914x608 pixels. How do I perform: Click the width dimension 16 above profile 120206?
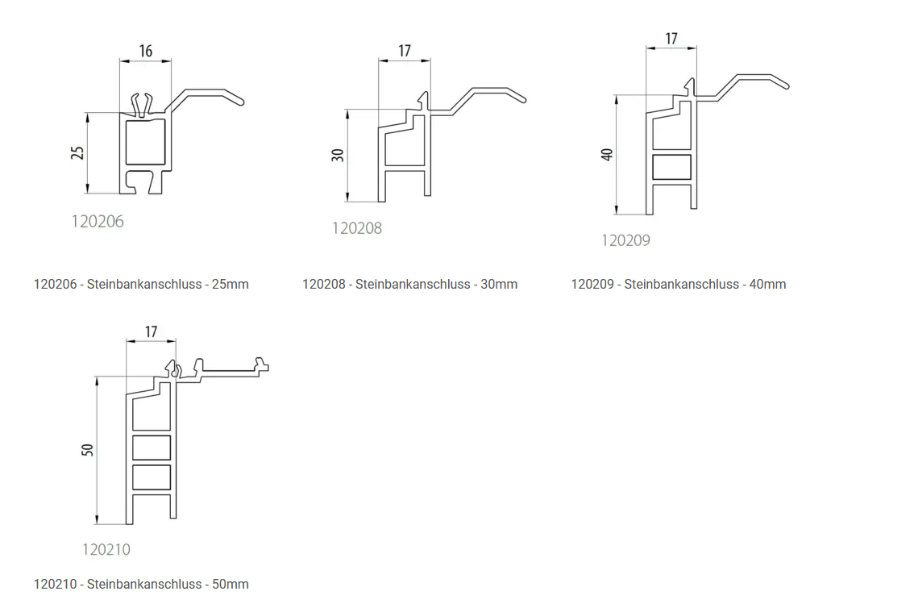146,52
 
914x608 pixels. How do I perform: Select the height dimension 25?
77,152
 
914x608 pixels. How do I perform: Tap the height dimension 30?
338,155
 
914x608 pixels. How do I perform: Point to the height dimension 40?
607,155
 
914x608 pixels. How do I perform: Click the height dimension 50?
87,450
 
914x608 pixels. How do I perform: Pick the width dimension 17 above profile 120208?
405,52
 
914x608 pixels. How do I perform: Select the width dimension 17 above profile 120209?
671,39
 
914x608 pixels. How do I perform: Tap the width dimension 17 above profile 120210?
151,331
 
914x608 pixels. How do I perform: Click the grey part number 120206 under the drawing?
98,222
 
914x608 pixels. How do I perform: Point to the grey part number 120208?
357,228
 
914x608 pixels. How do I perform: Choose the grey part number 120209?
625,240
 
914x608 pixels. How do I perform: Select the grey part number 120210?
106,549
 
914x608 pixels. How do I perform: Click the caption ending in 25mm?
141,285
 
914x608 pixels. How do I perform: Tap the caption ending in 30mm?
409,285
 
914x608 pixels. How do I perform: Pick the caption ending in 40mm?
679,285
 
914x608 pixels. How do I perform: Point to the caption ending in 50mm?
141,584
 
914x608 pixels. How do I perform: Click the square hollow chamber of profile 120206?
146,142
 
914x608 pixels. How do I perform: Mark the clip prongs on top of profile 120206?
142,104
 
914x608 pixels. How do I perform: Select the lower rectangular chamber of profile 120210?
152,477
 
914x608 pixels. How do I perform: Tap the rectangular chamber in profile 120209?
671,167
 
